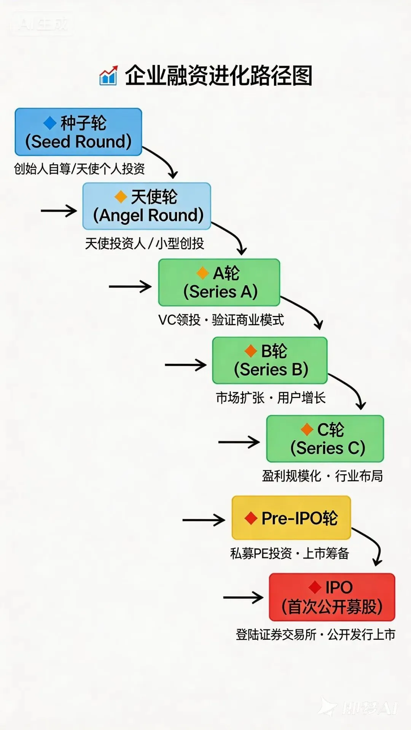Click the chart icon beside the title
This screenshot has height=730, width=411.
coord(108,75)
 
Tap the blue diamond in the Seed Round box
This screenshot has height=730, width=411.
coord(50,123)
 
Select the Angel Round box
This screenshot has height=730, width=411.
coord(147,206)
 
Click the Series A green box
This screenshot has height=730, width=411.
coord(219,282)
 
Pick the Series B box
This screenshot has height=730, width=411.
coord(270,360)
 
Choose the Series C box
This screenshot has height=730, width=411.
coord(325,439)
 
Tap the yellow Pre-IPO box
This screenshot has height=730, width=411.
coord(291,517)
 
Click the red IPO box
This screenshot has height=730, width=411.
coord(332,597)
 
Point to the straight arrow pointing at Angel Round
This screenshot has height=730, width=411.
coord(59,211)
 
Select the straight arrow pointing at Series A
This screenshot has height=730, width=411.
coord(130,286)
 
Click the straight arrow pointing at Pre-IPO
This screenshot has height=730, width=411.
coord(204,520)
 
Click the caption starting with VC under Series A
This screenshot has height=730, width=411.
coord(221,320)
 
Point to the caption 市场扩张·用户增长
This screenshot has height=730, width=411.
coord(271,398)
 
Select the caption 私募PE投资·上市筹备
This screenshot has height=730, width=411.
coord(289,553)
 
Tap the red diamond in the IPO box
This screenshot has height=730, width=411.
coord(315,587)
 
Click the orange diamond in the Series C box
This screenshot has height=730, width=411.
coord(307,430)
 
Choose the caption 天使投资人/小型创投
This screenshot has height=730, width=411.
coord(145,243)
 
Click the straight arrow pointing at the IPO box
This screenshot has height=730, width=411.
coord(243,597)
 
